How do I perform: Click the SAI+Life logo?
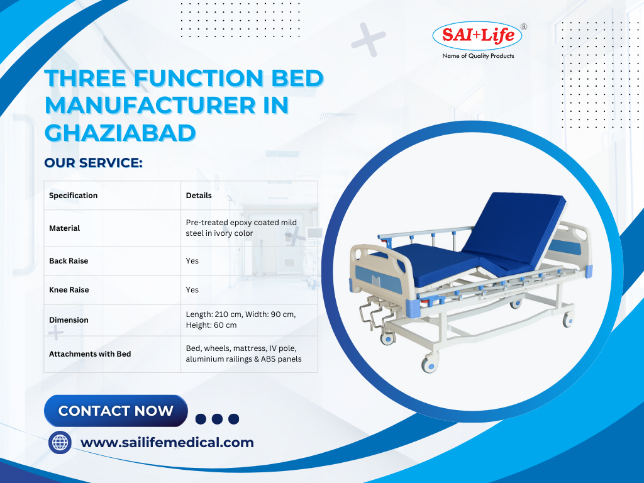(477, 36)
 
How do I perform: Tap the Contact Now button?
(116, 411)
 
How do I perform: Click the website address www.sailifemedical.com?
(167, 442)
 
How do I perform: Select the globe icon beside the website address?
(60, 443)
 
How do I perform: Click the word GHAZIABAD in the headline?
(120, 133)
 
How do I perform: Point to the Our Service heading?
(93, 163)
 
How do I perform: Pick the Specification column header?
(73, 196)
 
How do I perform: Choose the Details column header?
(199, 196)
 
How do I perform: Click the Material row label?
(65, 228)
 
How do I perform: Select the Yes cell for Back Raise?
(192, 261)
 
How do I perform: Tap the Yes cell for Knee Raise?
(192, 289)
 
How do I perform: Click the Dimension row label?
(69, 320)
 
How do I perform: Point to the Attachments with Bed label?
(90, 354)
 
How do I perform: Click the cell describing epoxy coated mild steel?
(241, 228)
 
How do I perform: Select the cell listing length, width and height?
(241, 319)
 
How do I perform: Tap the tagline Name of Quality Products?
(478, 56)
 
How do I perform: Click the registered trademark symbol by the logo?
(524, 26)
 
